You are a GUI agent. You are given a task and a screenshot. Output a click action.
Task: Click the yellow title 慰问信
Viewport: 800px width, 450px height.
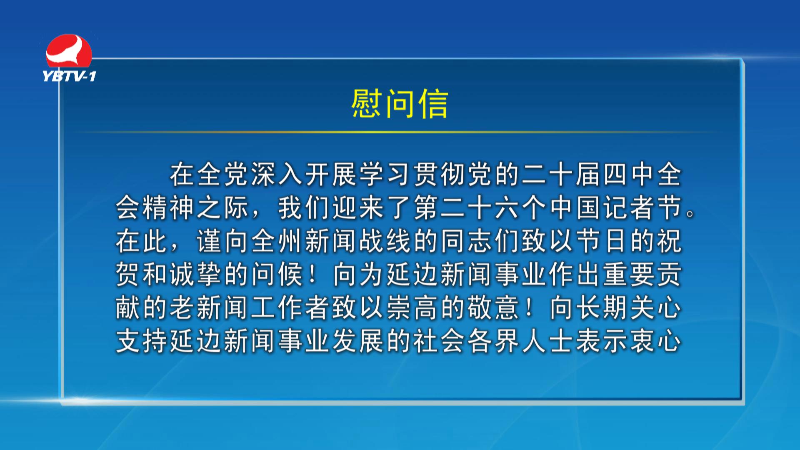(x=400, y=104)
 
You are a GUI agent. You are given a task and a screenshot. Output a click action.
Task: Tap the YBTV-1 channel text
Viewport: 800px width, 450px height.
(x=69, y=76)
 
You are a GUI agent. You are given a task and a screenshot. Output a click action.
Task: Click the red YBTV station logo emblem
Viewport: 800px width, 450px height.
(x=69, y=51)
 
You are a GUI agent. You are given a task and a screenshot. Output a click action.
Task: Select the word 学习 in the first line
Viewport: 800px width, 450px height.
(x=386, y=174)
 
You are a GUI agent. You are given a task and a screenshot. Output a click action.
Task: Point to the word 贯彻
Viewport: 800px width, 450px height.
(x=440, y=174)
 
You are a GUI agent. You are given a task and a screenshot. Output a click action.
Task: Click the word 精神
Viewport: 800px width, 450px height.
(x=170, y=207)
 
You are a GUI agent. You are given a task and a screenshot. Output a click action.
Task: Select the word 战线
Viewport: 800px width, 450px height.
(x=386, y=241)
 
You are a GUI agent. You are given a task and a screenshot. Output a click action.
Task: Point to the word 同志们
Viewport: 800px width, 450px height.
(x=481, y=241)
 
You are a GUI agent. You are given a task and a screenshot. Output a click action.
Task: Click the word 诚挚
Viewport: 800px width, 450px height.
(x=197, y=274)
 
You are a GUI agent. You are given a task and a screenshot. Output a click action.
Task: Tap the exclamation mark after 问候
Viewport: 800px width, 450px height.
(x=313, y=274)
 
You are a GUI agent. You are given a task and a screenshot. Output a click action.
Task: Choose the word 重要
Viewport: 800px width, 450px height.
(x=630, y=274)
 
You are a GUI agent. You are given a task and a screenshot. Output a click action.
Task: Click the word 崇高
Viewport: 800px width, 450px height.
(x=413, y=307)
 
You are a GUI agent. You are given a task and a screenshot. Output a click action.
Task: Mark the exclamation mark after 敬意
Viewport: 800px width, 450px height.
(x=530, y=307)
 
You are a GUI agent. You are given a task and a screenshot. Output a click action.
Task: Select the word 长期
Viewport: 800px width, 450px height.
(x=603, y=307)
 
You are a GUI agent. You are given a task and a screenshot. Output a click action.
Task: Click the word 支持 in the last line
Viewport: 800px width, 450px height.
(x=142, y=341)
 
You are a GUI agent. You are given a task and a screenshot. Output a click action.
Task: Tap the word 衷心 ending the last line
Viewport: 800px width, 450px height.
(x=657, y=341)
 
